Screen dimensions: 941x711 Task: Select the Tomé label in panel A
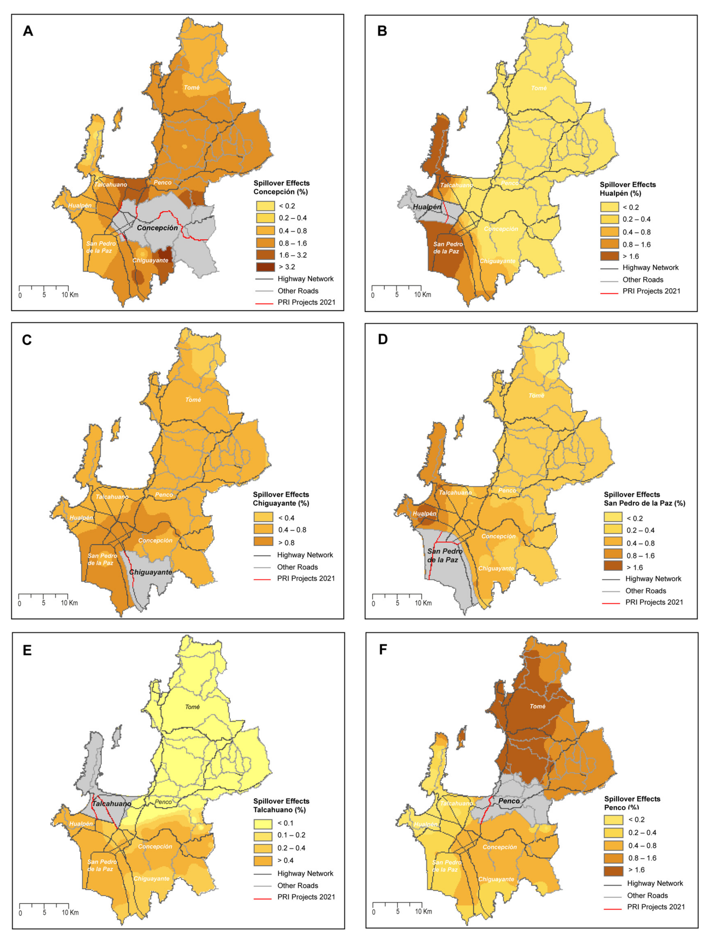pyautogui.click(x=191, y=88)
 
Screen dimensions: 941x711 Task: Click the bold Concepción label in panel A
pyautogui.click(x=157, y=228)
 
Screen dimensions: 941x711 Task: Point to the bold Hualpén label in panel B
pyautogui.click(x=427, y=207)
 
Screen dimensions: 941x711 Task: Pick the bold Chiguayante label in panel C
pyautogui.click(x=151, y=572)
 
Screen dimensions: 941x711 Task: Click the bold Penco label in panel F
pyautogui.click(x=509, y=801)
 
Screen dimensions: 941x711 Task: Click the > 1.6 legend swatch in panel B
pyautogui.click(x=609, y=256)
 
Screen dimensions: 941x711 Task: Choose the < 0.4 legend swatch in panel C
pyautogui.click(x=263, y=518)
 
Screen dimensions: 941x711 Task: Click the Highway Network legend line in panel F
pyautogui.click(x=613, y=884)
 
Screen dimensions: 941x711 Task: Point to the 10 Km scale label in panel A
pyautogui.click(x=70, y=295)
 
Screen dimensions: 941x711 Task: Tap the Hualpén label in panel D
pyautogui.click(x=424, y=514)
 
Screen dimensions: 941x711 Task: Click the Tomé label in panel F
pyautogui.click(x=537, y=706)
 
